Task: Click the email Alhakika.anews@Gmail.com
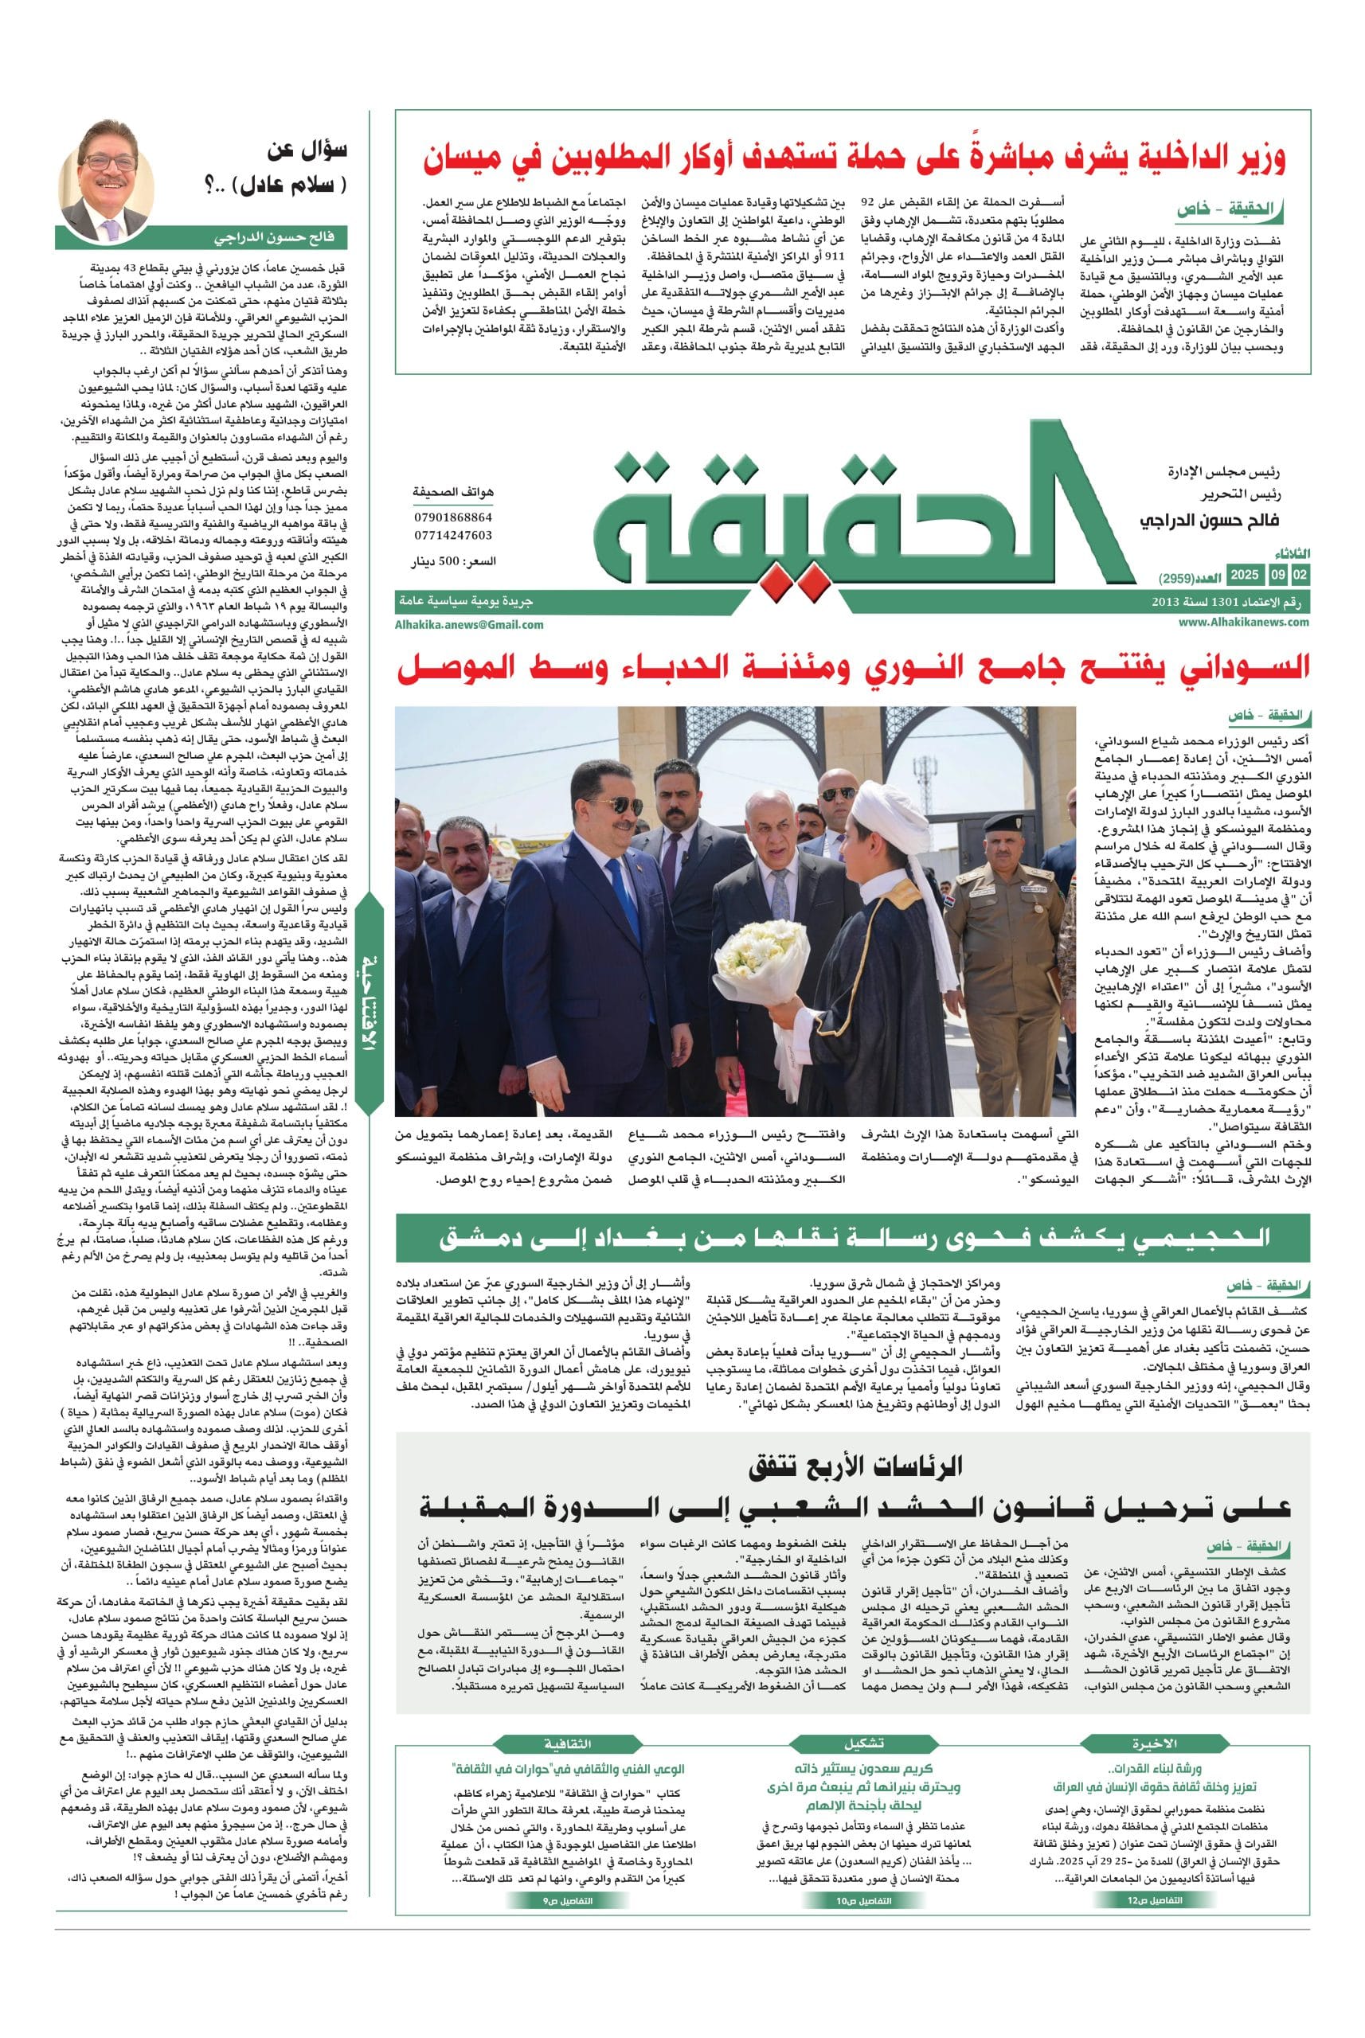click(468, 624)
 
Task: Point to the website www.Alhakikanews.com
click(1244, 621)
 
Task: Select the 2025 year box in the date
click(1244, 576)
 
